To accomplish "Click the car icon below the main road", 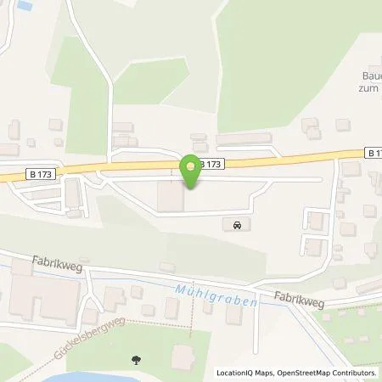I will click(236, 226).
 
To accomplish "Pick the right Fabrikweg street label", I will click(298, 297).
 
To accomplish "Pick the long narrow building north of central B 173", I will click(244, 138).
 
